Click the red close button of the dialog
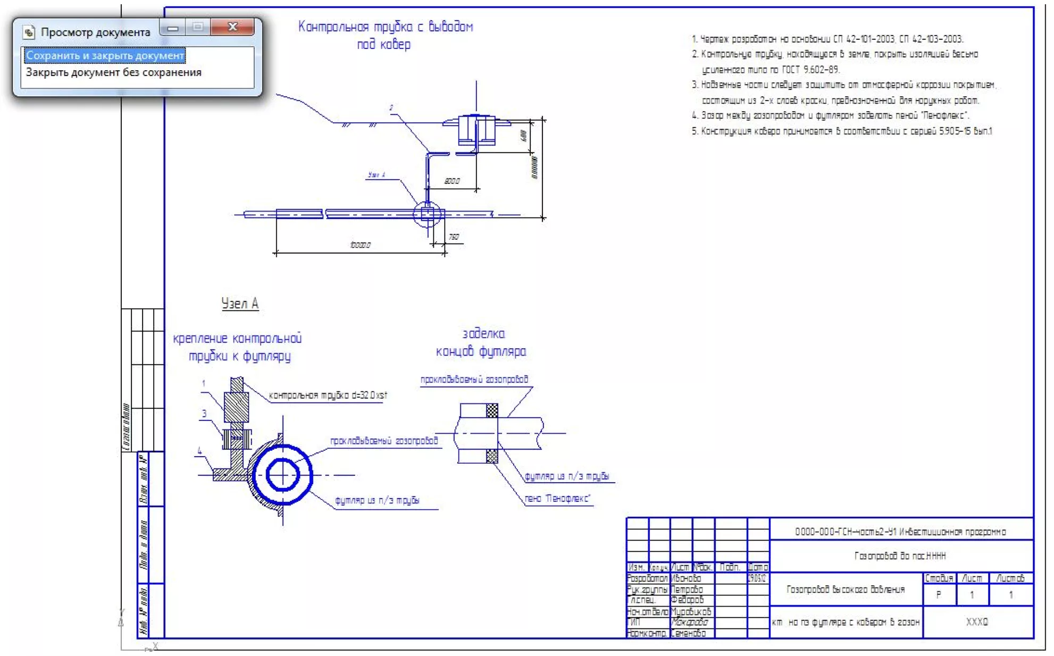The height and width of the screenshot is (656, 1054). coord(232,27)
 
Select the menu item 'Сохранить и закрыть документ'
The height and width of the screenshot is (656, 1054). coord(105,55)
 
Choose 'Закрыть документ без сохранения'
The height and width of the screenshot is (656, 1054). coord(113,72)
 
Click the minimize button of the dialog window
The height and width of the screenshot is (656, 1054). coord(173,27)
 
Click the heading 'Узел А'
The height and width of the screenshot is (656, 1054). coord(240,304)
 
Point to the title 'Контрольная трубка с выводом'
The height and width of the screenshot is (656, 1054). coord(385,27)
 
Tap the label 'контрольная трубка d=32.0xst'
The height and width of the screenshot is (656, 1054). coord(328,395)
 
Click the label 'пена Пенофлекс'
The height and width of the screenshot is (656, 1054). coord(557,499)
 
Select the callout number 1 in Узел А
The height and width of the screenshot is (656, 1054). coord(204,383)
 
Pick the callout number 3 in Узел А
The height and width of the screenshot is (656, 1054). coord(204,414)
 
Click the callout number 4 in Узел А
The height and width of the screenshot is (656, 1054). coord(200,451)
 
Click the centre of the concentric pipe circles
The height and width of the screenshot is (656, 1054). coord(282,475)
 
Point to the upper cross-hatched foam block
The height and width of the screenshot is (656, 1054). coord(492,410)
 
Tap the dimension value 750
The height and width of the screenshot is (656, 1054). coord(453,237)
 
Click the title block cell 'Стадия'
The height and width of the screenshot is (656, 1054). coord(939,578)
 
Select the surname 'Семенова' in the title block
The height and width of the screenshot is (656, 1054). coord(688,633)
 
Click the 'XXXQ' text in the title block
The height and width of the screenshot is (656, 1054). coord(976,621)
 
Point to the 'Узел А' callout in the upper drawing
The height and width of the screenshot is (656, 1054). coord(377,175)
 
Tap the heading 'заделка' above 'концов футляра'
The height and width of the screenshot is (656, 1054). coord(483,334)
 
